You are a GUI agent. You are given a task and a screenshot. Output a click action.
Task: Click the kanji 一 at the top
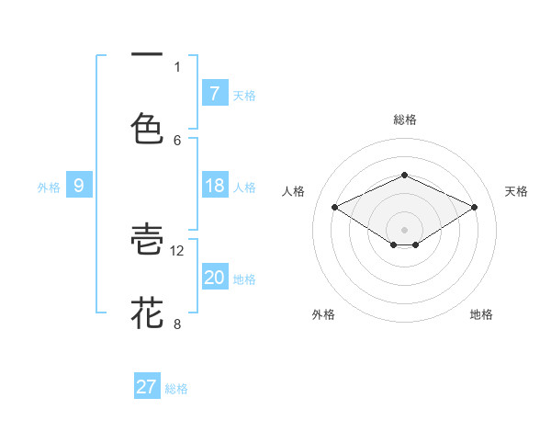(147, 56)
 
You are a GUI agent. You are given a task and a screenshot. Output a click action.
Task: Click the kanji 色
(147, 128)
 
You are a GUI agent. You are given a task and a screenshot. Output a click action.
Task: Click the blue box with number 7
(214, 93)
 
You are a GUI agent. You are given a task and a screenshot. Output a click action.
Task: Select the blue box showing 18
(214, 186)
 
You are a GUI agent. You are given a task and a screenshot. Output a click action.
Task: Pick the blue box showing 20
(214, 278)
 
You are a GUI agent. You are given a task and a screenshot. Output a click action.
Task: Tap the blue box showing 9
(79, 186)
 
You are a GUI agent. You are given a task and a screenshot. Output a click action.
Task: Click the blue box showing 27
(147, 387)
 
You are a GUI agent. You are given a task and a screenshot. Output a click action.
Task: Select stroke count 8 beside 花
(177, 323)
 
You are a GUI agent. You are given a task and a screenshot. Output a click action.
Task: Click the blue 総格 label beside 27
(176, 389)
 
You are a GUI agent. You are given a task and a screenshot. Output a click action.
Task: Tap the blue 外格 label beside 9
(49, 187)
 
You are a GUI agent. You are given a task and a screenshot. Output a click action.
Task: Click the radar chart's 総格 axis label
(404, 119)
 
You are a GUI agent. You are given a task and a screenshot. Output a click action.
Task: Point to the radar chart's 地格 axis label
(481, 314)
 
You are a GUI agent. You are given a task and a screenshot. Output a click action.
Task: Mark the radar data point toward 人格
(335, 207)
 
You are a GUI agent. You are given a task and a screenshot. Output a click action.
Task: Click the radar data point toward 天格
(474, 207)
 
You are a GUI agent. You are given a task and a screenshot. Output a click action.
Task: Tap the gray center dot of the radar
(404, 229)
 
